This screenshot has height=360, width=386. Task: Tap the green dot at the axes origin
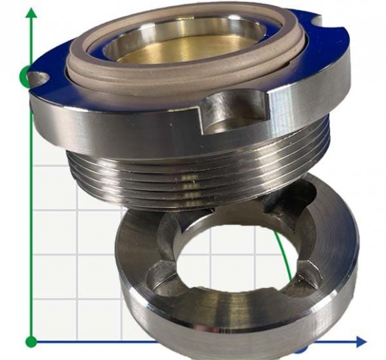pyautogui.click(x=31, y=342)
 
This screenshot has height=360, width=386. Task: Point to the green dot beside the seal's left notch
pyautogui.click(x=25, y=77)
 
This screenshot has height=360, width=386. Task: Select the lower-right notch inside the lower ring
pyautogui.click(x=303, y=283)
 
